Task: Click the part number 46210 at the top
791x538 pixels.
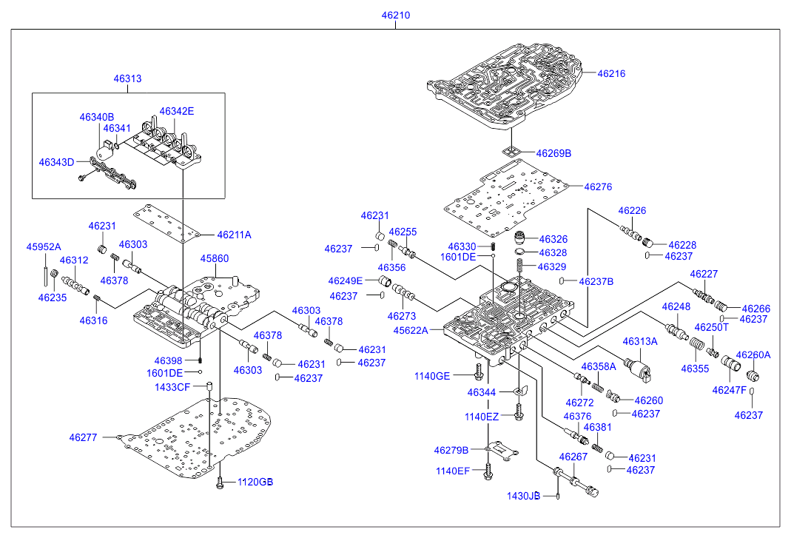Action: click(x=396, y=15)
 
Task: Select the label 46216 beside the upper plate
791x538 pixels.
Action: click(x=611, y=73)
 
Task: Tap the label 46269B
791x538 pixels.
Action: click(x=553, y=153)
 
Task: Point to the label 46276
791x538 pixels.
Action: click(x=598, y=187)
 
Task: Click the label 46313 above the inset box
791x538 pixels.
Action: click(x=127, y=78)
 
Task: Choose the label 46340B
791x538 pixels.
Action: click(x=97, y=117)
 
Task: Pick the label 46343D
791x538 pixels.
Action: click(x=56, y=161)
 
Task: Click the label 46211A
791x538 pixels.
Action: click(x=234, y=235)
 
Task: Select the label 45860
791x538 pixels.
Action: click(x=215, y=259)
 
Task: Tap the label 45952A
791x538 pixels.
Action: click(x=44, y=246)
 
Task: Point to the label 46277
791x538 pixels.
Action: click(x=84, y=437)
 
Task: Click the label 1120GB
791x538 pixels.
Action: click(x=255, y=482)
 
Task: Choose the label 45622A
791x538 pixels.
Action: click(x=411, y=330)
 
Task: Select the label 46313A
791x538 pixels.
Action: click(x=639, y=341)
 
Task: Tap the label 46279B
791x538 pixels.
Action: click(x=451, y=450)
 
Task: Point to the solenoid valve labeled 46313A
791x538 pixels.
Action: click(x=638, y=369)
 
